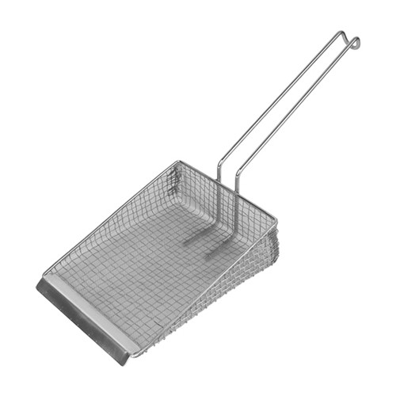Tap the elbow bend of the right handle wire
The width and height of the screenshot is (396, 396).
tap(237, 183)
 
